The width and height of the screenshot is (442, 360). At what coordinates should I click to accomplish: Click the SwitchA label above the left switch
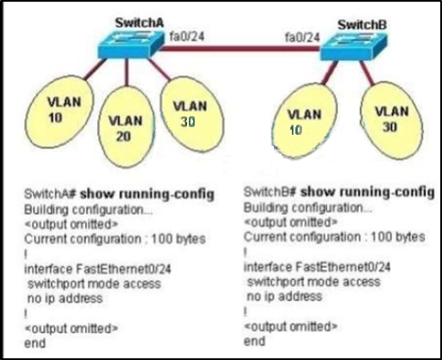tap(139, 23)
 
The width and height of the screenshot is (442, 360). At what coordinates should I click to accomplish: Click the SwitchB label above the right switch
tap(362, 25)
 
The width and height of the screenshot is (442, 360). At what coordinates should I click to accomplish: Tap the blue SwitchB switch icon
tap(354, 46)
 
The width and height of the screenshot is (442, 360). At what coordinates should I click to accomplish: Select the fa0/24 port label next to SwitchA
tap(187, 36)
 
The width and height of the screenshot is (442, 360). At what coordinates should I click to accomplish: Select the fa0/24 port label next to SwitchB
tap(302, 37)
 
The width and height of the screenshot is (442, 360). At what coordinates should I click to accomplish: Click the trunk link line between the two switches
tap(239, 48)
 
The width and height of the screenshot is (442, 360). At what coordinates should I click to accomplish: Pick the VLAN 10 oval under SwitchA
tap(59, 112)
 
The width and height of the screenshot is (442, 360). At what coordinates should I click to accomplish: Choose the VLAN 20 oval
tap(126, 126)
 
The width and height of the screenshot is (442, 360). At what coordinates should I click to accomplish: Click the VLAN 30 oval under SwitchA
tap(192, 114)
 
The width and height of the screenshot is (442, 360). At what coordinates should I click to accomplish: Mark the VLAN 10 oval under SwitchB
tap(304, 120)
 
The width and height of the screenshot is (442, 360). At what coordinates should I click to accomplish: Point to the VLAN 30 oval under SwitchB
tap(391, 120)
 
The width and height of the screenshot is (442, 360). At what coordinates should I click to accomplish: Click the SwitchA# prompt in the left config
tap(50, 194)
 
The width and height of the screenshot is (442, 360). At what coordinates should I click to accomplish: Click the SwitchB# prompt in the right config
tap(269, 192)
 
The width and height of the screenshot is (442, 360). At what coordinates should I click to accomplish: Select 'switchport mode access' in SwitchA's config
tap(94, 284)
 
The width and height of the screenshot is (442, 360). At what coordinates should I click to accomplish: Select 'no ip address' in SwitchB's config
tap(284, 296)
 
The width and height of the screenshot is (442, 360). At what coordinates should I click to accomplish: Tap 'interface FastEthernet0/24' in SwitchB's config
tap(317, 267)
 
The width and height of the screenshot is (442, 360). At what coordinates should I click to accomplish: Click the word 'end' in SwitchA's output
tap(35, 343)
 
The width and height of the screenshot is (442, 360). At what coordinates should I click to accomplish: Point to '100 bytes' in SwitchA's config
tap(179, 239)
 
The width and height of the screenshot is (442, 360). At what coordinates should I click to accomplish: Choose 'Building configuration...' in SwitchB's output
tap(308, 208)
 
